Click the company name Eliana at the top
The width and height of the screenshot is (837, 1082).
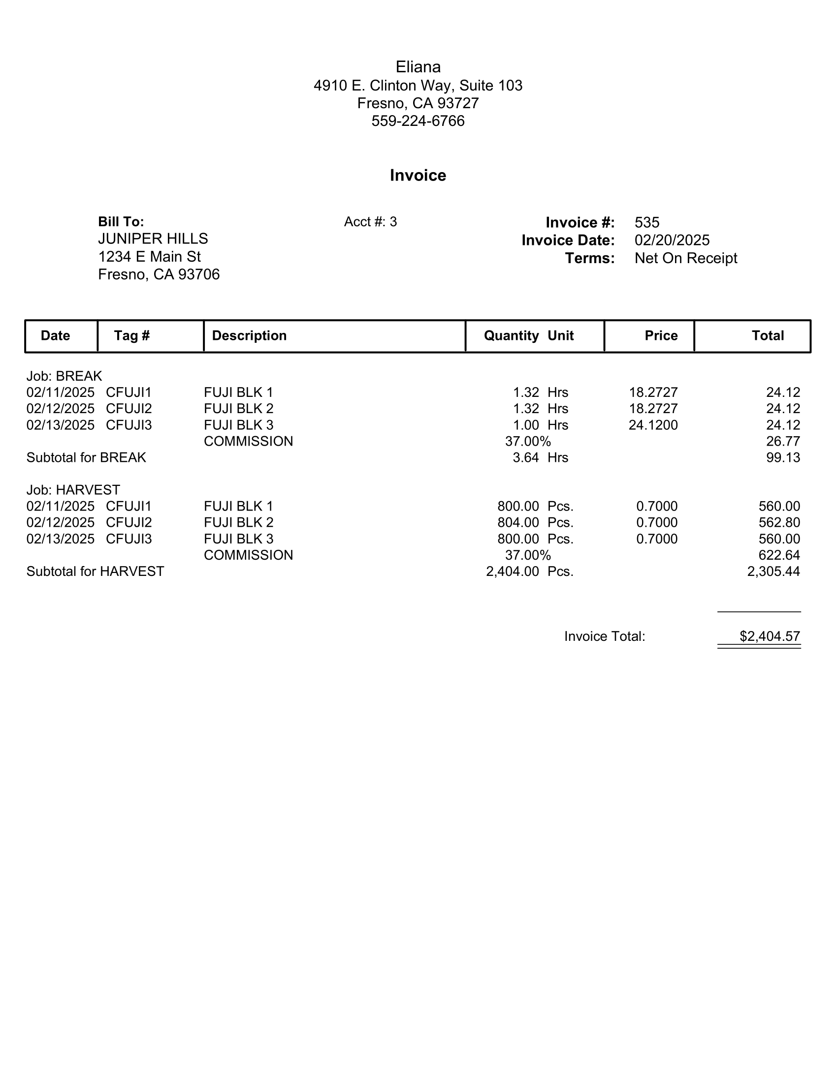[418, 67]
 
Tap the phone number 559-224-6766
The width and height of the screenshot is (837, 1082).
[418, 121]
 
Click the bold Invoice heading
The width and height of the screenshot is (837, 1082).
[418, 176]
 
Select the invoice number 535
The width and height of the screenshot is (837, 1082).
[647, 222]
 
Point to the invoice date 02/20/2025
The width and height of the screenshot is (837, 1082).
[672, 240]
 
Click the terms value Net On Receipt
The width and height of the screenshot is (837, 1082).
[686, 258]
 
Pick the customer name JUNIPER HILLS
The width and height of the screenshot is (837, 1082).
[153, 239]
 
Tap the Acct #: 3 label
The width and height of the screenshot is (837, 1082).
[370, 222]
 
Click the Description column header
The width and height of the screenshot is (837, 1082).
[249, 336]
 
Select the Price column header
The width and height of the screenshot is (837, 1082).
[661, 336]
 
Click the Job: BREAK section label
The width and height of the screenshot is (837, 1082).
[64, 376]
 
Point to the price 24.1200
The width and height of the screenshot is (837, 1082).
[653, 425]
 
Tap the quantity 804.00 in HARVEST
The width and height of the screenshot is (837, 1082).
[518, 523]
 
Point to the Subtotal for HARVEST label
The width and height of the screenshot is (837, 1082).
[95, 571]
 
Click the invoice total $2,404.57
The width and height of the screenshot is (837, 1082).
[770, 636]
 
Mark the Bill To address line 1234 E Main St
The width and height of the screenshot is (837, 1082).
[149, 257]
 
